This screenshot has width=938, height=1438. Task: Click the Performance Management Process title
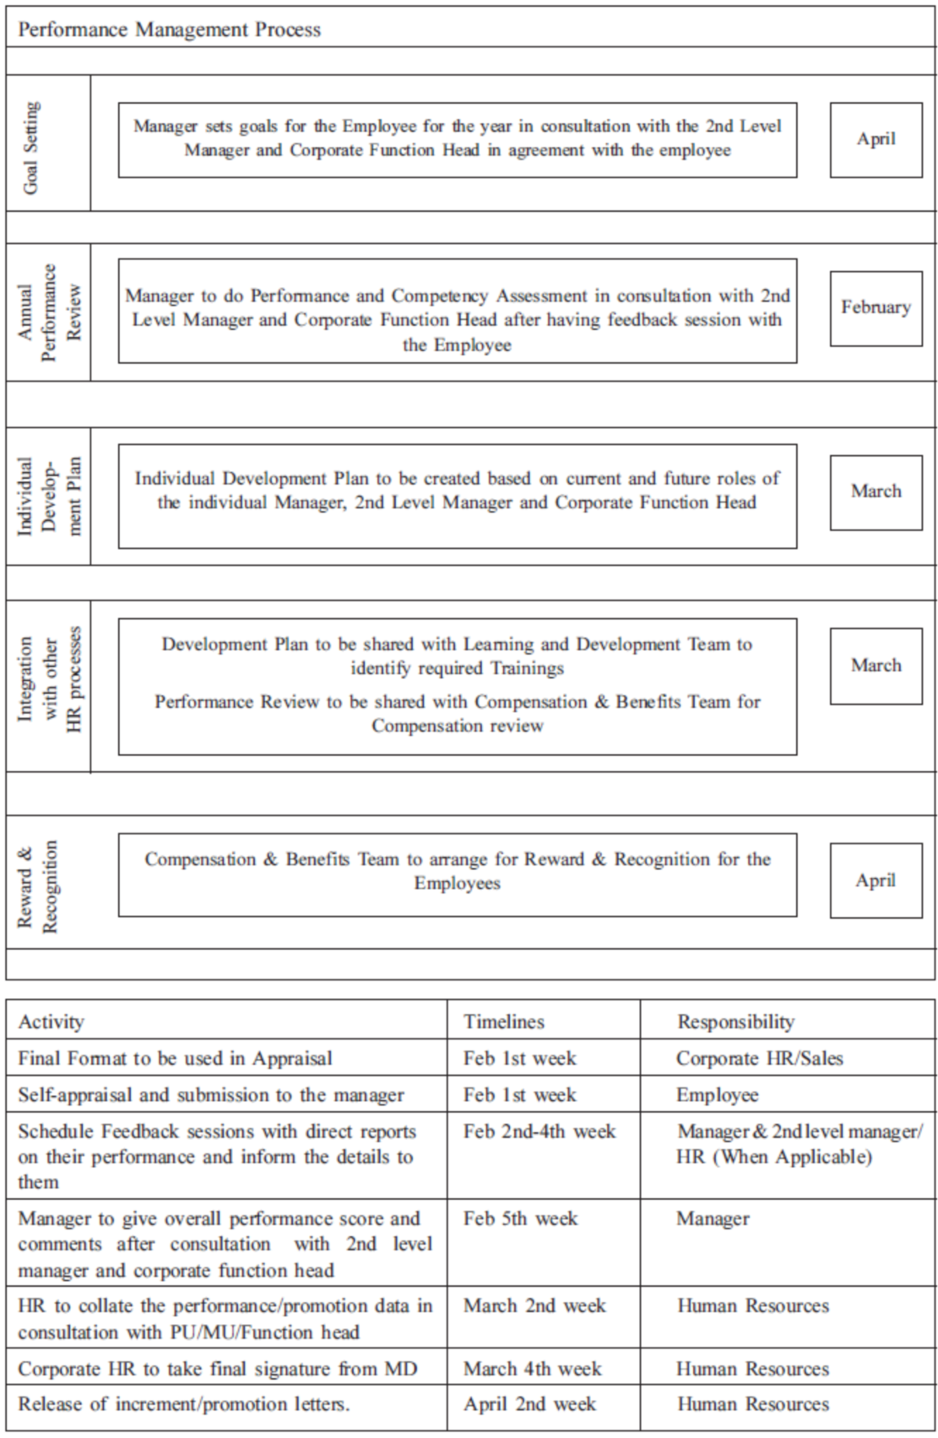click(x=170, y=30)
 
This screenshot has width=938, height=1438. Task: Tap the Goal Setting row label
click(x=31, y=147)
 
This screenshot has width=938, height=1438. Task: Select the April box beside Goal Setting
click(x=876, y=139)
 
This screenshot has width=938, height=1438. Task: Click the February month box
click(x=876, y=307)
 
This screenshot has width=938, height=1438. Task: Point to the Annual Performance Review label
click(x=50, y=313)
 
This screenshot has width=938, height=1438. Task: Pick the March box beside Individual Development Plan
click(x=876, y=491)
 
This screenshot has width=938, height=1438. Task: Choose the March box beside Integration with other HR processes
click(x=876, y=665)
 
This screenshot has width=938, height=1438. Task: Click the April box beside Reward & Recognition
click(x=876, y=881)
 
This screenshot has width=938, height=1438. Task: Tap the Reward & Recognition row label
click(x=38, y=887)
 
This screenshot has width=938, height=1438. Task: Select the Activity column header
click(x=52, y=1022)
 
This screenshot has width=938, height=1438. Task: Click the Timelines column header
click(x=504, y=1022)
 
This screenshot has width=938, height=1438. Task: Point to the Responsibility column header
click(x=735, y=1022)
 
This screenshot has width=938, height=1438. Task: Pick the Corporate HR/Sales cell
click(x=759, y=1058)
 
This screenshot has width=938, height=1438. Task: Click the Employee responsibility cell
click(x=717, y=1095)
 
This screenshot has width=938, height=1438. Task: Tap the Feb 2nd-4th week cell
click(x=539, y=1131)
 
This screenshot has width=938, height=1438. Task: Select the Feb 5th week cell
click(x=520, y=1218)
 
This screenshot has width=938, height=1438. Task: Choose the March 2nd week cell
click(x=534, y=1305)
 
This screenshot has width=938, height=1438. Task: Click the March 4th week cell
click(x=533, y=1369)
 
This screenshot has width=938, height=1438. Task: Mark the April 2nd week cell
click(x=529, y=1404)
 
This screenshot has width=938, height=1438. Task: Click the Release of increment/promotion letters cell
click(x=184, y=1404)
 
